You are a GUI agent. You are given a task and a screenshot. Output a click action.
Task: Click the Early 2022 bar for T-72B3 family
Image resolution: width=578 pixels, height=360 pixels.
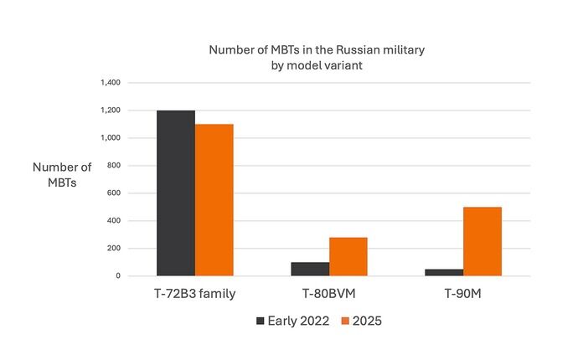click(x=176, y=193)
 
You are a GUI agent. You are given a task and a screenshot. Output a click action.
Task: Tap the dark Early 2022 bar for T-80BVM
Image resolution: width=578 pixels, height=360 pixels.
click(x=310, y=269)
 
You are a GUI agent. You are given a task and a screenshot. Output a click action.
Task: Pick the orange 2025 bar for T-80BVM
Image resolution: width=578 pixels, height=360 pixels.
click(x=348, y=256)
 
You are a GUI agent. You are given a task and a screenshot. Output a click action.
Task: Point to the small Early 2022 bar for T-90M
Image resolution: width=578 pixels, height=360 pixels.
click(x=444, y=272)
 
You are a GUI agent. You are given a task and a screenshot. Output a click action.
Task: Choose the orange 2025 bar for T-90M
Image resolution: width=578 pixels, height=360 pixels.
click(x=482, y=241)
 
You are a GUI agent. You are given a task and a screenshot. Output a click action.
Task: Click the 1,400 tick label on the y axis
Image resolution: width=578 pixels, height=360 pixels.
click(x=111, y=83)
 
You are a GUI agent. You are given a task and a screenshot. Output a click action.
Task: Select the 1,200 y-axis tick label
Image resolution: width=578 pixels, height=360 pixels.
click(x=111, y=111)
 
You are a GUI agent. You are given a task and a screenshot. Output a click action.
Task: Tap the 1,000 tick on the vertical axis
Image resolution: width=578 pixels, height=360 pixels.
click(x=111, y=138)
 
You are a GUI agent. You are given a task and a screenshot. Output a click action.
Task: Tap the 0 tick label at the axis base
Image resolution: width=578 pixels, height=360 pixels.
click(x=119, y=276)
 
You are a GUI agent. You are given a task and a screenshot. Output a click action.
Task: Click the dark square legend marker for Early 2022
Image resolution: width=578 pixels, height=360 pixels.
click(x=260, y=321)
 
